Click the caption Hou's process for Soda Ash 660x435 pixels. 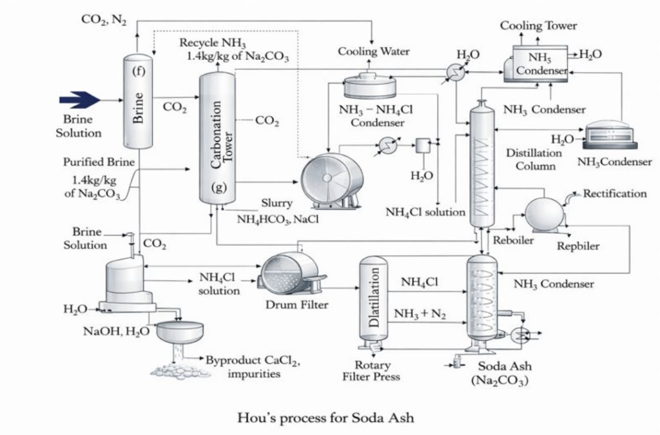pos(325,417)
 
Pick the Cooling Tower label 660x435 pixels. pos(539,26)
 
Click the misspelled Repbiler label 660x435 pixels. pos(578,246)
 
